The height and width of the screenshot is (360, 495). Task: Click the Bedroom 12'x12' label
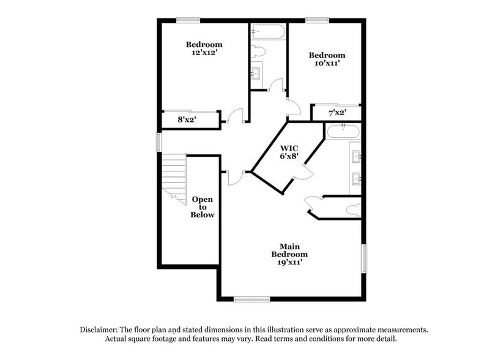(x=204, y=48)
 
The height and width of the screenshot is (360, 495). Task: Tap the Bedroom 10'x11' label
(x=326, y=59)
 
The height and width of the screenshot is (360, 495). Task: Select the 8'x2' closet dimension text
(x=186, y=120)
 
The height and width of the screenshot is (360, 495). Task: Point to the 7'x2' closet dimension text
(x=337, y=113)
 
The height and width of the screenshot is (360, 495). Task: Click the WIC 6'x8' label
(x=289, y=152)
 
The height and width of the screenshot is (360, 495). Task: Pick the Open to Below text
(x=203, y=207)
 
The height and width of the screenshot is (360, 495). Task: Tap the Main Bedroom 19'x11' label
(x=289, y=253)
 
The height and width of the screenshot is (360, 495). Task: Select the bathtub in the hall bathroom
(x=268, y=32)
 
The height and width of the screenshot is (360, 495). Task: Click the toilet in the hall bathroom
(x=258, y=51)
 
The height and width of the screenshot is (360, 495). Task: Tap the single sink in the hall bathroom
(x=257, y=73)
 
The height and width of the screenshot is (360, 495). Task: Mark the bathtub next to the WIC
(x=343, y=131)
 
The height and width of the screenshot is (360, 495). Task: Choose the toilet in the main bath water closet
(x=353, y=210)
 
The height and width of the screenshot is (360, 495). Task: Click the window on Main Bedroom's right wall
(x=363, y=258)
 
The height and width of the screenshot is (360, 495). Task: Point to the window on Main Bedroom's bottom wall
(x=251, y=299)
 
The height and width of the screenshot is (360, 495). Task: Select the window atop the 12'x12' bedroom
(x=188, y=20)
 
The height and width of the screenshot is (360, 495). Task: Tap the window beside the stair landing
(x=158, y=142)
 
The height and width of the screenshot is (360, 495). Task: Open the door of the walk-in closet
(x=303, y=174)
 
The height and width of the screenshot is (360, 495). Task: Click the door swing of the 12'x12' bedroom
(x=236, y=116)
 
